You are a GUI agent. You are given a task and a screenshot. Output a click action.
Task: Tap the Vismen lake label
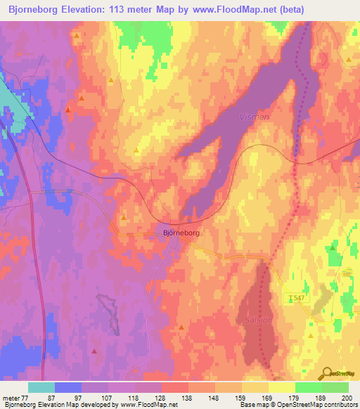(x=254, y=117)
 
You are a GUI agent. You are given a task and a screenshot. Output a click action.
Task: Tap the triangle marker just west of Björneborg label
(x=124, y=218)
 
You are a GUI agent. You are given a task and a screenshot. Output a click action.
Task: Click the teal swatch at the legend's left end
(x=41, y=387)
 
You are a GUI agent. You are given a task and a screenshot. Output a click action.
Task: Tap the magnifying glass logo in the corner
(x=326, y=373)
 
